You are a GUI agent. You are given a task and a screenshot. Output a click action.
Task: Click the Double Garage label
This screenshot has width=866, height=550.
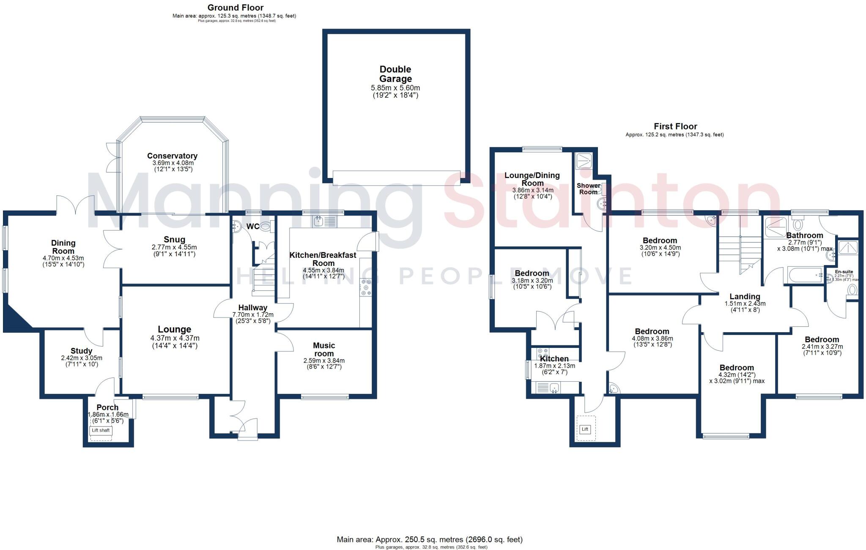(x=395, y=74)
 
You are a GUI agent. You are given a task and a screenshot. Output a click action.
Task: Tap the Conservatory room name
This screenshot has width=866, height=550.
(x=172, y=156)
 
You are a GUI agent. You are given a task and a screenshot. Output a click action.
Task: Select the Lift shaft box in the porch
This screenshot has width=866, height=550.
(x=101, y=430)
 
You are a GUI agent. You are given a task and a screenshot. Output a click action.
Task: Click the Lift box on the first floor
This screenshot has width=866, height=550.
(x=585, y=429)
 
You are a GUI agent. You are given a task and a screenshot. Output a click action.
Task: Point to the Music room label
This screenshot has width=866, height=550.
(x=324, y=349)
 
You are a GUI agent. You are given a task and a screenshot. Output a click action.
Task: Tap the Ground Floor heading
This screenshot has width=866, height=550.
(x=236, y=8)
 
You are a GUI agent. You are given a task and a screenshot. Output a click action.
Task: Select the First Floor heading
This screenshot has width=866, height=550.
(x=675, y=126)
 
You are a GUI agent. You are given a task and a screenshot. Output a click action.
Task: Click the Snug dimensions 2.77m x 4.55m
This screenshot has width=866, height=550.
(x=174, y=247)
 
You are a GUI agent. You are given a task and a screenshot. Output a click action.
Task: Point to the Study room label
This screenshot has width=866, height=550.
(x=81, y=351)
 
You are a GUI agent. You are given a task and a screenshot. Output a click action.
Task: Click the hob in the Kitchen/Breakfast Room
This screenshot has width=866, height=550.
(x=365, y=287)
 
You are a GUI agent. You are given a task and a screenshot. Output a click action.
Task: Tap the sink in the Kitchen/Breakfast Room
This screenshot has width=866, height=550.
(x=319, y=221)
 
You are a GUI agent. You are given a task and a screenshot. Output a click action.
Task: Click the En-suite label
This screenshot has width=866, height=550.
(x=844, y=272)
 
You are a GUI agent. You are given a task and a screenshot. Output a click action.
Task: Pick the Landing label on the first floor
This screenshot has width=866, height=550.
(x=745, y=296)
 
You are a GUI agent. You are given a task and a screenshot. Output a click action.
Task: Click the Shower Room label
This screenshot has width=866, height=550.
(x=588, y=189)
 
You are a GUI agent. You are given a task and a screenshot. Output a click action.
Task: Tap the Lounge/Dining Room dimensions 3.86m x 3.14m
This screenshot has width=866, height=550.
(x=532, y=190)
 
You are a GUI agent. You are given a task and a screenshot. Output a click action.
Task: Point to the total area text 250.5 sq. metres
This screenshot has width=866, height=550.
(x=429, y=539)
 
